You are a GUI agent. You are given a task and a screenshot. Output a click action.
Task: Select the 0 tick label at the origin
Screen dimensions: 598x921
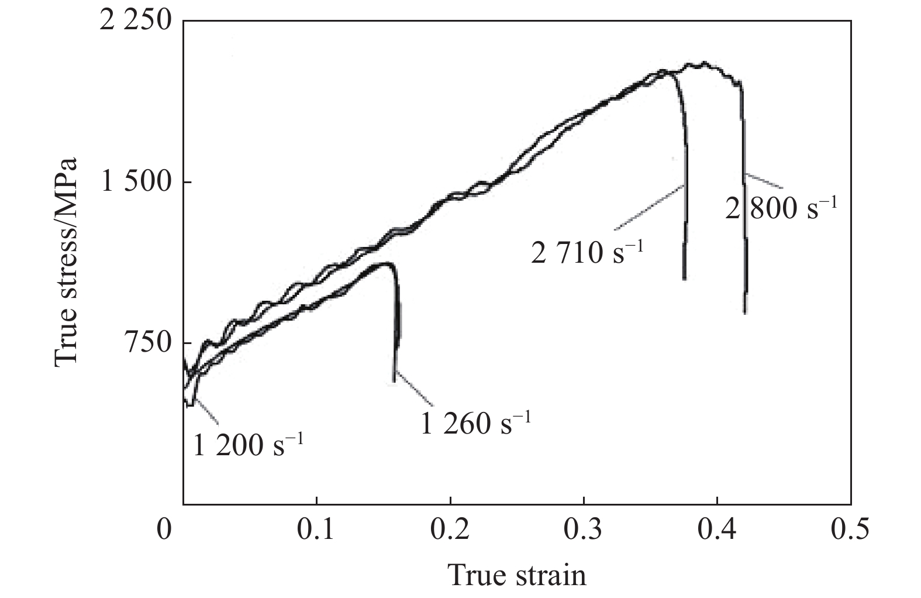[165, 530]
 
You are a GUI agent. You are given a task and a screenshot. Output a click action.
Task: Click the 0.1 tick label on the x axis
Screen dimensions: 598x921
[316, 530]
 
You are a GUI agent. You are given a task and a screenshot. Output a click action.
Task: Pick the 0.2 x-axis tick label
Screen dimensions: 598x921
[450, 530]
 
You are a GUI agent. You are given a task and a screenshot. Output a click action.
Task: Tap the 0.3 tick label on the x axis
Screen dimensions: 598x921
[584, 530]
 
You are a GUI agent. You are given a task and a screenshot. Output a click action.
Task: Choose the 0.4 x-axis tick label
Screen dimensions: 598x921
[717, 530]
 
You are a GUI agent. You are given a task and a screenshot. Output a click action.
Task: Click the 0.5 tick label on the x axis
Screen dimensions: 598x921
[850, 530]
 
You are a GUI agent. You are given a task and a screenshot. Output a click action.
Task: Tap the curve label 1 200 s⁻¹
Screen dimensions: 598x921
[248, 446]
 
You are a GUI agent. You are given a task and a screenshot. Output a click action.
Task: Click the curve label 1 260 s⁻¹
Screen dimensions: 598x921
[475, 422]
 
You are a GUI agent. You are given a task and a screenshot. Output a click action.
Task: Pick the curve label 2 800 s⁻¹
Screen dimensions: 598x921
[781, 208]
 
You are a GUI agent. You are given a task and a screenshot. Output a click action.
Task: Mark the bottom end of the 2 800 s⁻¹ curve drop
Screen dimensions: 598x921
[745, 312]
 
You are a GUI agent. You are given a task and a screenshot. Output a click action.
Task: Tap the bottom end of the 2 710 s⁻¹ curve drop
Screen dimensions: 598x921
[684, 279]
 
